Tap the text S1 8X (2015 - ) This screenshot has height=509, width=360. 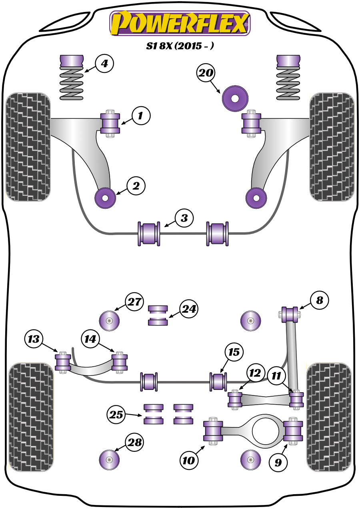(x=180, y=46)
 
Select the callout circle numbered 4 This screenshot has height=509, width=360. (x=104, y=64)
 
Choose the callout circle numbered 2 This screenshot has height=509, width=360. (x=136, y=186)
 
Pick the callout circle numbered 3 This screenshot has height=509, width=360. (x=184, y=218)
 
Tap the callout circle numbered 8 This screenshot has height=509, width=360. (x=319, y=300)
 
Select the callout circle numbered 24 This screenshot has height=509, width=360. (x=189, y=309)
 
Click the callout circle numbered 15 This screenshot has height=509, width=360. (x=234, y=352)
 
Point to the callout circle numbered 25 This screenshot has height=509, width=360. (x=116, y=414)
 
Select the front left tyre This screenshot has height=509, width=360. (x=28, y=147)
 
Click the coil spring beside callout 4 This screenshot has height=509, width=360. (x=72, y=83)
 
